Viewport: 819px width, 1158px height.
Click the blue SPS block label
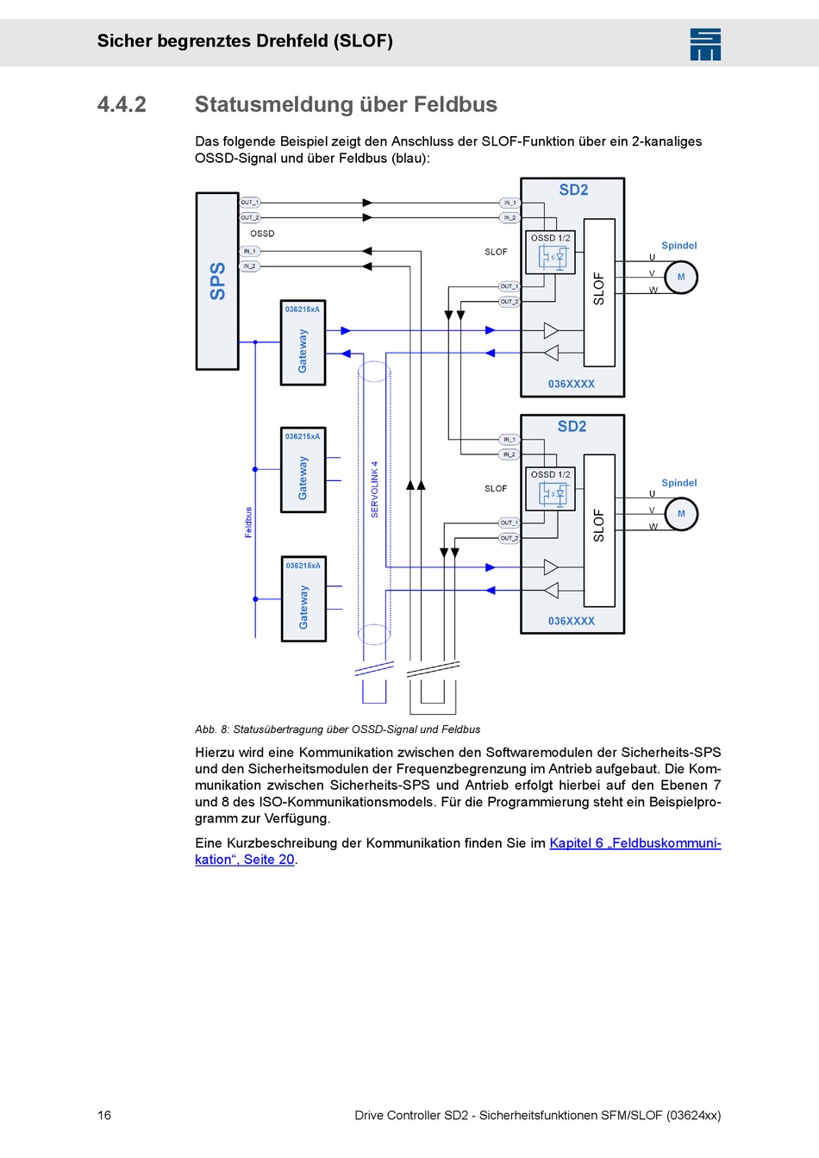[x=218, y=281]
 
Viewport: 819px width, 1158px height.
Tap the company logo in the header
[x=705, y=45]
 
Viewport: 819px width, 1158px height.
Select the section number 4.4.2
[x=122, y=104]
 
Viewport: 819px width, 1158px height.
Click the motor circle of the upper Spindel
[x=681, y=277]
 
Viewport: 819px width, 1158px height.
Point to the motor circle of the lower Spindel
[x=681, y=514]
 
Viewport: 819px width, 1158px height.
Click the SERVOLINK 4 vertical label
[x=375, y=490]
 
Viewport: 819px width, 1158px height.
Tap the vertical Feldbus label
[x=248, y=523]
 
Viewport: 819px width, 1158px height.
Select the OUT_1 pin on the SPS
[x=249, y=202]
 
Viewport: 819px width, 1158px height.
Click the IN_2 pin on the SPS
[x=249, y=266]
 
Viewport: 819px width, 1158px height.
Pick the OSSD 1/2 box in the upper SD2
[x=550, y=253]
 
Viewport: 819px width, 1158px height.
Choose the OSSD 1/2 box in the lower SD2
[x=550, y=489]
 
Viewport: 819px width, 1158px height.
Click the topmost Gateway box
[x=303, y=343]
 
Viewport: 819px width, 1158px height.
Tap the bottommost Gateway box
[x=303, y=599]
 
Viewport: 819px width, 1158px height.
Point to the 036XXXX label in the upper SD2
[x=572, y=384]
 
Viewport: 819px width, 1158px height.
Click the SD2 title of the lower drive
[x=572, y=427]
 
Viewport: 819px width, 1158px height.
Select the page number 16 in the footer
[x=104, y=1115]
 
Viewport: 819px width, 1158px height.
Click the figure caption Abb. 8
[x=337, y=729]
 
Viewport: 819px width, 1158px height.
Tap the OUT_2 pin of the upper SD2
[x=509, y=302]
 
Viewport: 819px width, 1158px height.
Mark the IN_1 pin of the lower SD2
[x=509, y=440]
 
